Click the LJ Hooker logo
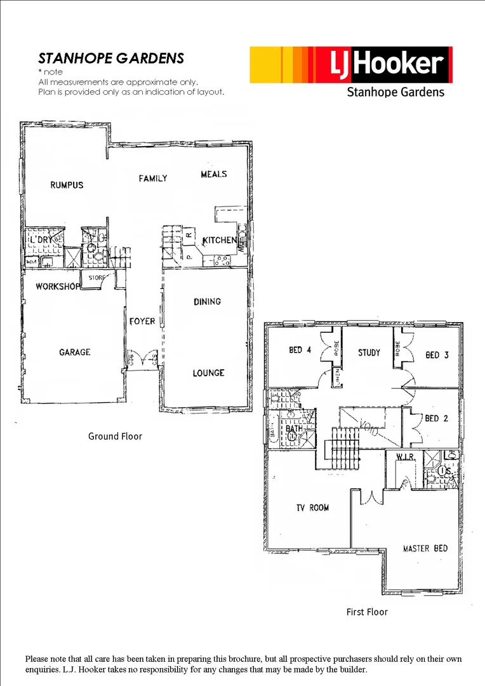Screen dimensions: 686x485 pyautogui.click(x=350, y=65)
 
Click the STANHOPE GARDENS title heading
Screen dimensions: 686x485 pyautogui.click(x=111, y=58)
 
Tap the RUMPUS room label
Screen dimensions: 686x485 pyautogui.click(x=67, y=185)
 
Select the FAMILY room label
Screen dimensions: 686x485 pyautogui.click(x=153, y=178)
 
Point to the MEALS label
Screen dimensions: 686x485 pyautogui.click(x=214, y=174)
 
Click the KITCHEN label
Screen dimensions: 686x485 pyautogui.click(x=220, y=241)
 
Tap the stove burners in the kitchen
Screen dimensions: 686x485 pyautogui.click(x=223, y=259)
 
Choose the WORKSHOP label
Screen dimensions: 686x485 pyautogui.click(x=58, y=286)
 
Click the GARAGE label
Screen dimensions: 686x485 pyautogui.click(x=75, y=352)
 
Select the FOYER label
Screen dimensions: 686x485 pyautogui.click(x=142, y=321)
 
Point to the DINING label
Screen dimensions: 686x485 pyautogui.click(x=208, y=302)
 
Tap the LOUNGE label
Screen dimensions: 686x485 pyautogui.click(x=208, y=373)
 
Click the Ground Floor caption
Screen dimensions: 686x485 pyautogui.click(x=115, y=436)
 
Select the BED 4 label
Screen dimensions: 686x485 pyautogui.click(x=296, y=350)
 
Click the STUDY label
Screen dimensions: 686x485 pyautogui.click(x=369, y=353)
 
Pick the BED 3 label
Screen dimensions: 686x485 pyautogui.click(x=437, y=355)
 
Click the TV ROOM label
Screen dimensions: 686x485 pyautogui.click(x=312, y=508)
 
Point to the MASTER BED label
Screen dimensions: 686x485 pyautogui.click(x=425, y=548)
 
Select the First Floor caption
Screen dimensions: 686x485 pyautogui.click(x=367, y=612)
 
